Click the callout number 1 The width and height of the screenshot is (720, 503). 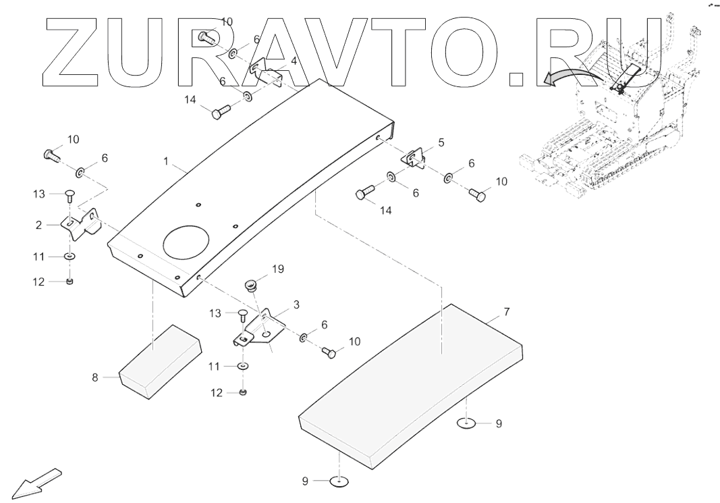166,161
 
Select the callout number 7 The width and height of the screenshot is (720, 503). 506,312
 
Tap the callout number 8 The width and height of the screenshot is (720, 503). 95,378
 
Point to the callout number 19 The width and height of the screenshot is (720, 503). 278,269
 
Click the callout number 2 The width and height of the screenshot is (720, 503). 39,225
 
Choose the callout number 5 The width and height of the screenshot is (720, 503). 441,142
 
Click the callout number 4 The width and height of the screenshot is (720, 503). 294,61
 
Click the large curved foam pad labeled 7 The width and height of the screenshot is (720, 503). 412,385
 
